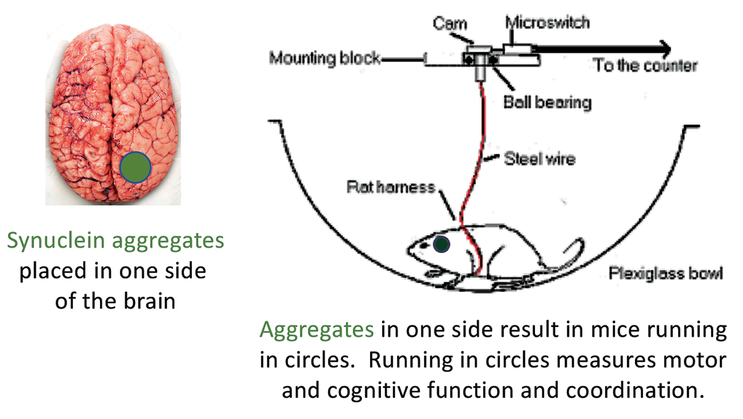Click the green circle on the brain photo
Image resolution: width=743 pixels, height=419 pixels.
(x=135, y=168)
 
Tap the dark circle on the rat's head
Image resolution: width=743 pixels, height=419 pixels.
(x=441, y=244)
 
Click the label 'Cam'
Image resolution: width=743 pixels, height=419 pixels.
(x=450, y=24)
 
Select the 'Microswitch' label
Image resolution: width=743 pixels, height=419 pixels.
(x=547, y=23)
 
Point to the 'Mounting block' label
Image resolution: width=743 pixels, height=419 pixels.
(x=325, y=58)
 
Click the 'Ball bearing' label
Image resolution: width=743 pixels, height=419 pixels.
(x=547, y=102)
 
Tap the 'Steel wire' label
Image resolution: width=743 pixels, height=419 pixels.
(x=540, y=159)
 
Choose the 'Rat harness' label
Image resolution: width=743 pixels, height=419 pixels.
(x=391, y=187)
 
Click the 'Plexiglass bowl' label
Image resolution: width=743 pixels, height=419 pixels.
(x=666, y=273)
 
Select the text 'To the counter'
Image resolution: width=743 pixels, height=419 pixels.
(x=645, y=65)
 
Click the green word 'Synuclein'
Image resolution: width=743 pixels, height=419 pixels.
(x=56, y=241)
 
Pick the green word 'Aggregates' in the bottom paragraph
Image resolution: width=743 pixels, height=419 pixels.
(x=317, y=329)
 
